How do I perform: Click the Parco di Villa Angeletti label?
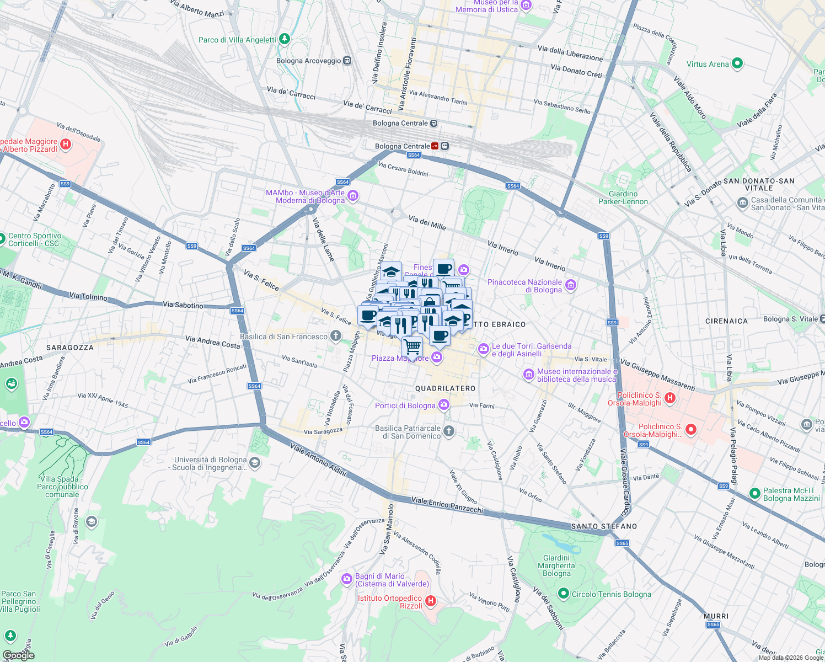tap(237, 40)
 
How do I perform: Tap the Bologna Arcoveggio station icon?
tap(347, 61)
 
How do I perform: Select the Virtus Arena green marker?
tap(738, 64)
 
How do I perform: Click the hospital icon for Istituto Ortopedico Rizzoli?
tap(431, 601)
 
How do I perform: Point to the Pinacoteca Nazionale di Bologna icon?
tap(571, 285)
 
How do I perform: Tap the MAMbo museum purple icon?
tap(353, 196)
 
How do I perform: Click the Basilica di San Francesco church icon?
tap(336, 337)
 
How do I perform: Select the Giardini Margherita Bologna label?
tap(556, 565)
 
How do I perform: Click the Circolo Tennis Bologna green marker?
tap(563, 594)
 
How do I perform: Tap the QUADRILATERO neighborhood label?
tap(445, 388)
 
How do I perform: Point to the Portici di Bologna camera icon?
tap(444, 405)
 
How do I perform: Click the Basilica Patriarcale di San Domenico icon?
tap(449, 431)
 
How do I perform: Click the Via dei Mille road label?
tap(427, 222)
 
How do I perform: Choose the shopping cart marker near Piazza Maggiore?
tap(413, 347)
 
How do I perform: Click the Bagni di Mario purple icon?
tap(347, 579)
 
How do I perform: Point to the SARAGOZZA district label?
tap(70, 348)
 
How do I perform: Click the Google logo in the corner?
tap(18, 655)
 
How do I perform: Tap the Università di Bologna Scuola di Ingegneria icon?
tap(255, 463)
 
